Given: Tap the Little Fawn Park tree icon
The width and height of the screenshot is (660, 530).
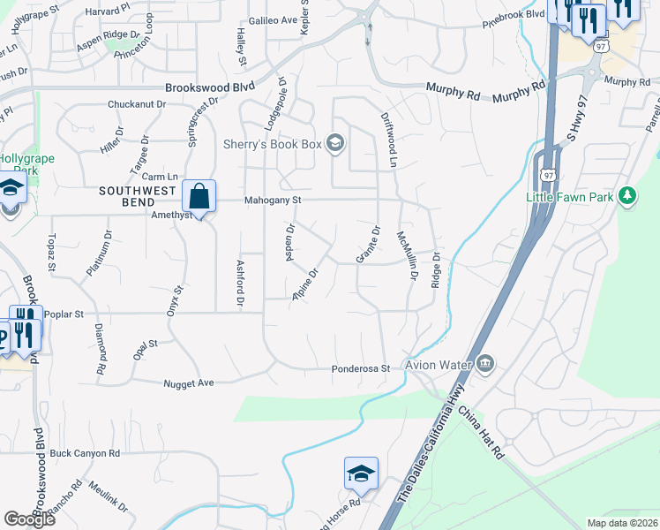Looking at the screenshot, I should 627,195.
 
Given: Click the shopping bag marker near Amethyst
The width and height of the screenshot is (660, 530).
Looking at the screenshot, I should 199,197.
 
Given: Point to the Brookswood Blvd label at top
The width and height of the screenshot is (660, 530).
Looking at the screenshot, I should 210,87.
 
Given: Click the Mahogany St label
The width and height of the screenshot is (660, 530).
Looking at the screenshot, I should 273,201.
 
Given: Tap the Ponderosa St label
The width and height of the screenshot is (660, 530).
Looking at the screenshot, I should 360,368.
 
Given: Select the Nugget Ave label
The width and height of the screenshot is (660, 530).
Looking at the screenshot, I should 189,383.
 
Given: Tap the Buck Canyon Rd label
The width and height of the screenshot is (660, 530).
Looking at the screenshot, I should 85,453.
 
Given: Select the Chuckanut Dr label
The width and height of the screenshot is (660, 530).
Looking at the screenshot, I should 137,104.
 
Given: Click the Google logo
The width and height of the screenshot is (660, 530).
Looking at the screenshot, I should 29,519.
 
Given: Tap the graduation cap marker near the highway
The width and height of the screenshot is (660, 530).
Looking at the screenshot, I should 361,474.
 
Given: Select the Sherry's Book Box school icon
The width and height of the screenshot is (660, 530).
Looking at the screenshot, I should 334,142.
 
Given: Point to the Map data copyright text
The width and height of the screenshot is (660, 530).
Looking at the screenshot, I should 623,523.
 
